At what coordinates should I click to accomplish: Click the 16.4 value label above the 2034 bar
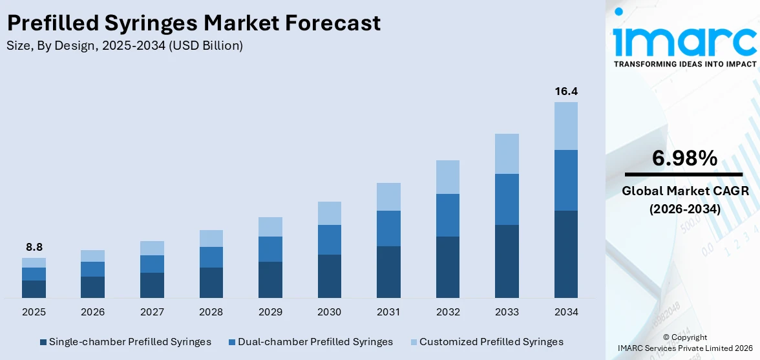[565, 92]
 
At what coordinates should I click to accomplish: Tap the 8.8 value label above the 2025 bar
[34, 247]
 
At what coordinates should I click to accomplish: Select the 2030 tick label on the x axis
[329, 312]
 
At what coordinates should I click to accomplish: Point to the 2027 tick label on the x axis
[152, 312]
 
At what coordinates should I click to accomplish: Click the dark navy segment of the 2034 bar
[565, 253]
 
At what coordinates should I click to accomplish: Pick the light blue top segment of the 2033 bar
[507, 154]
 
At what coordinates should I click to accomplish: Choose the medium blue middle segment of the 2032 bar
[447, 215]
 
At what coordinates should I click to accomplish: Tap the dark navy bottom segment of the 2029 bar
[270, 279]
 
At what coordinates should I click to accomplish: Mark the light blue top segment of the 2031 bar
[388, 196]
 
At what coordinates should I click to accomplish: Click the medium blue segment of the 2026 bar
[93, 269]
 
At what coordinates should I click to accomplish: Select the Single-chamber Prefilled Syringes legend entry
[125, 342]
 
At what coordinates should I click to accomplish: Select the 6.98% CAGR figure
[684, 158]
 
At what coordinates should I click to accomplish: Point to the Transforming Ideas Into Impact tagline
[684, 64]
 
